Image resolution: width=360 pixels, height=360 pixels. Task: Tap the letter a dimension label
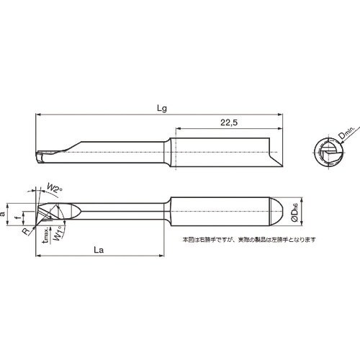pyautogui.click(x=6, y=213)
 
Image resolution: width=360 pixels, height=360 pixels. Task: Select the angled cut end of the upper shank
pyautogui.click(x=274, y=153)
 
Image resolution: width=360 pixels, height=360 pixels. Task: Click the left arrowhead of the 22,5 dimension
pyautogui.click(x=174, y=130)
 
